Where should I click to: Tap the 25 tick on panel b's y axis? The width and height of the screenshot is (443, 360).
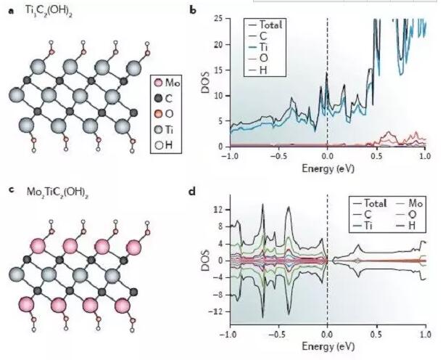click(219, 19)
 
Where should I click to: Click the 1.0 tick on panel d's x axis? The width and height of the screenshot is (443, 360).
click(425, 336)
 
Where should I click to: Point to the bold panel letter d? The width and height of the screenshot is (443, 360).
click(191, 193)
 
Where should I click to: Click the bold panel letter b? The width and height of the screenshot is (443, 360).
click(191, 10)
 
